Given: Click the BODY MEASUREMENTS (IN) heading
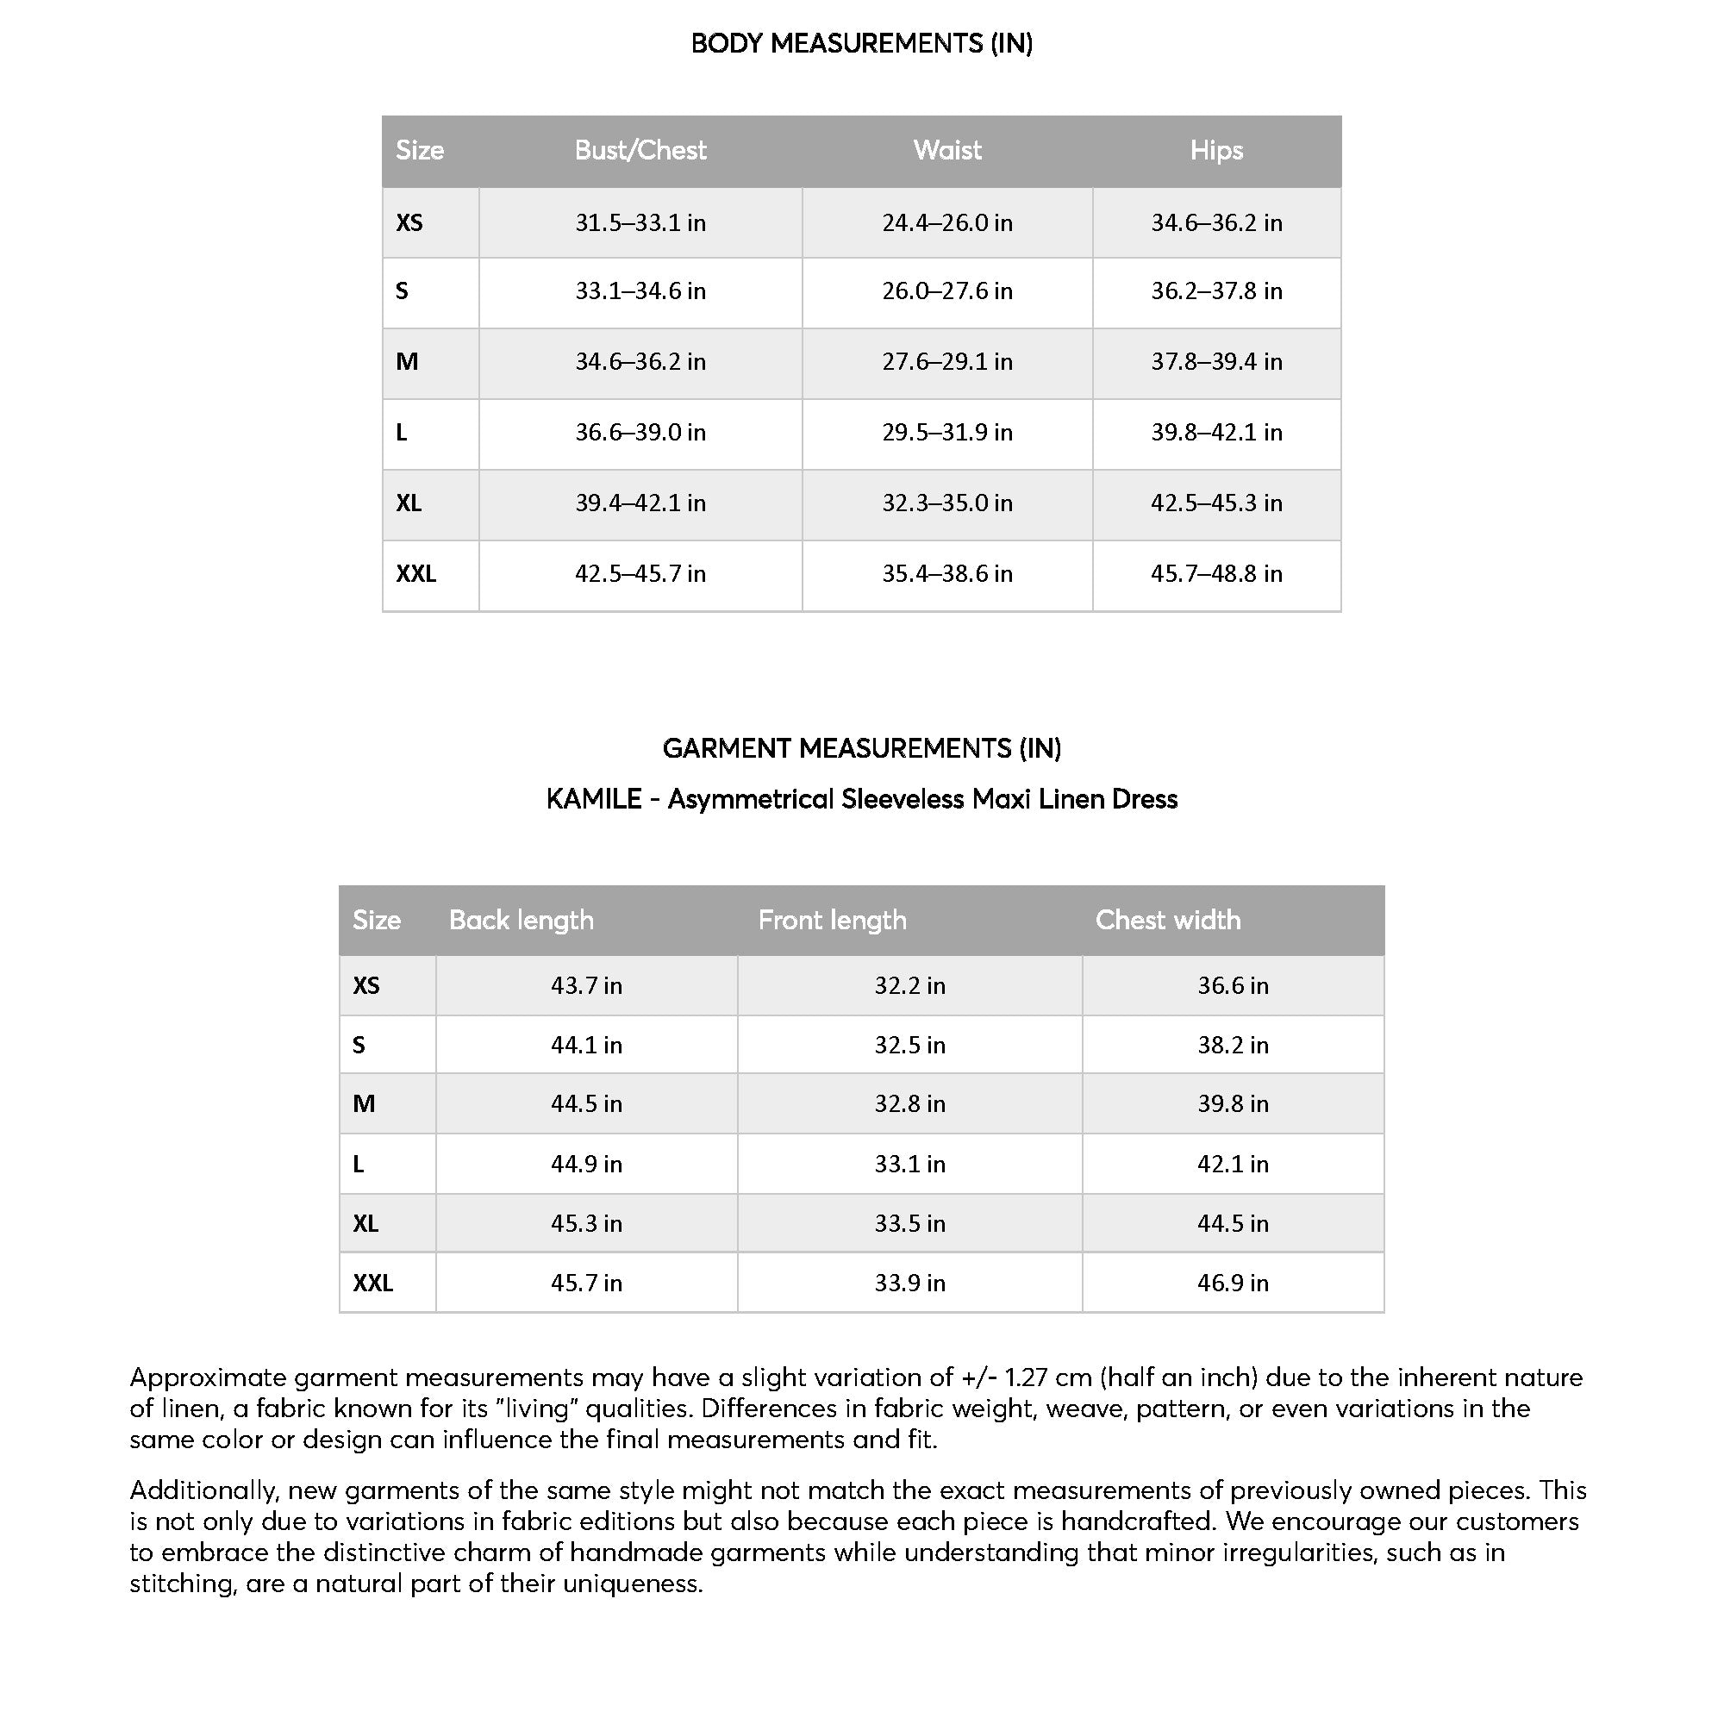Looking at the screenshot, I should [861, 43].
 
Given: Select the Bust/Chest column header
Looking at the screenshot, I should [640, 150].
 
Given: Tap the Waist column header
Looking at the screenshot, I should [946, 150].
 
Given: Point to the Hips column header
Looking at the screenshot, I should [1215, 150].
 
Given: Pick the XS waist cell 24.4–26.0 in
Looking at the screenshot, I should [946, 222].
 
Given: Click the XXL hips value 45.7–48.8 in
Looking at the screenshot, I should [1215, 573].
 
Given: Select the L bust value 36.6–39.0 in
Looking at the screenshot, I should [640, 432].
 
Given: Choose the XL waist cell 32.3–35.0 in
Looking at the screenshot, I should [946, 503].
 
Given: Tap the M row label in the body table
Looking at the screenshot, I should [407, 361].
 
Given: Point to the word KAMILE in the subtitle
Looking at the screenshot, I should [593, 799].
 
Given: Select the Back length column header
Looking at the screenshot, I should [522, 920].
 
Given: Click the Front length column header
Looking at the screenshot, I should [832, 920].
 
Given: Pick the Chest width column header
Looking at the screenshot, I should [1167, 920].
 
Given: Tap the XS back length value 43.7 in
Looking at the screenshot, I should [586, 985].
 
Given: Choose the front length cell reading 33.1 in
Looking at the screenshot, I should [909, 1164].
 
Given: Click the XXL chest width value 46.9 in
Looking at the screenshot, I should [1233, 1283].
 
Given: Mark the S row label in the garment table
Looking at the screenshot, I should [359, 1045].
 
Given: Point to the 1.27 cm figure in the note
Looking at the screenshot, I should [1047, 1377].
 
